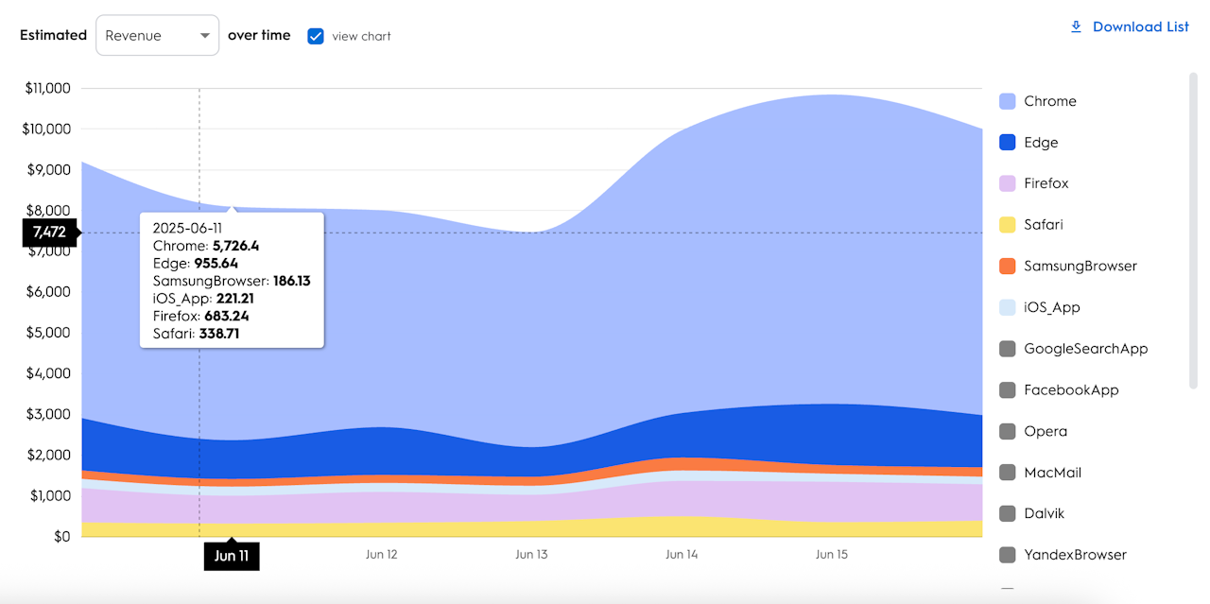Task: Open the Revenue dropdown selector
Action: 157,36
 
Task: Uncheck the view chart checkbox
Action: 316,36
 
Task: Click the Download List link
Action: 1130,26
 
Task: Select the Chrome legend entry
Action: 1038,101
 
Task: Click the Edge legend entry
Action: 1029,143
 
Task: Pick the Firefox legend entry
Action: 1034,183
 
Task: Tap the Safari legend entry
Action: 1031,225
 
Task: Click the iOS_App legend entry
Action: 1040,307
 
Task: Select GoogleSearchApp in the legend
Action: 1073,349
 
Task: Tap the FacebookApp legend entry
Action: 1059,389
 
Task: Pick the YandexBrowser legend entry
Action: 1063,555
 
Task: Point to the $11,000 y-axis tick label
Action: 46,89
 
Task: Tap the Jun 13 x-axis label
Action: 531,555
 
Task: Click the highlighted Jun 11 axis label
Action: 231,556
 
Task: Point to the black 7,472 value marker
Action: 49,233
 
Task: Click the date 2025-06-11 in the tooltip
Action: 187,228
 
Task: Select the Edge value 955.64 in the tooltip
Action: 216,264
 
